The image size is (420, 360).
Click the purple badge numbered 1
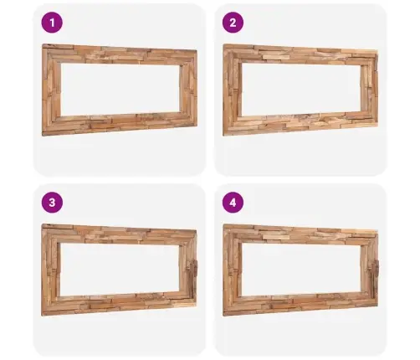tap(52, 23)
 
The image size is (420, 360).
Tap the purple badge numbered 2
tap(233, 23)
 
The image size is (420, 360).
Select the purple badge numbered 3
tap(52, 203)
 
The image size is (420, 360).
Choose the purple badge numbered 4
tap(233, 203)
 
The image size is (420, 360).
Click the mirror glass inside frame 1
tap(120, 90)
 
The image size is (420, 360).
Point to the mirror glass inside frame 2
tap(301, 90)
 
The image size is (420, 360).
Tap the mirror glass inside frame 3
tap(120, 270)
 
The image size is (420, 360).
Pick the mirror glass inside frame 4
tap(301, 270)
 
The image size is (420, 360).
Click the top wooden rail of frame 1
tap(120, 55)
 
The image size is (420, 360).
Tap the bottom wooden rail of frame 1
tap(120, 123)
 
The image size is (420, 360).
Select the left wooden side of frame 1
tap(51, 90)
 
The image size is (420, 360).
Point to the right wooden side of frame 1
tap(188, 89)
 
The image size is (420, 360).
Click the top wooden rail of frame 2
tap(300, 55)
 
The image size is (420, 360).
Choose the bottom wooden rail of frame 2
tap(300, 123)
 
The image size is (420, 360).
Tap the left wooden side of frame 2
tap(233, 90)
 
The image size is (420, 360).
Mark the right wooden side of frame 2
tap(370, 89)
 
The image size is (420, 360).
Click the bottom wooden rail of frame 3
tap(119, 303)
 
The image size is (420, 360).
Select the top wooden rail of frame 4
tap(300, 235)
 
